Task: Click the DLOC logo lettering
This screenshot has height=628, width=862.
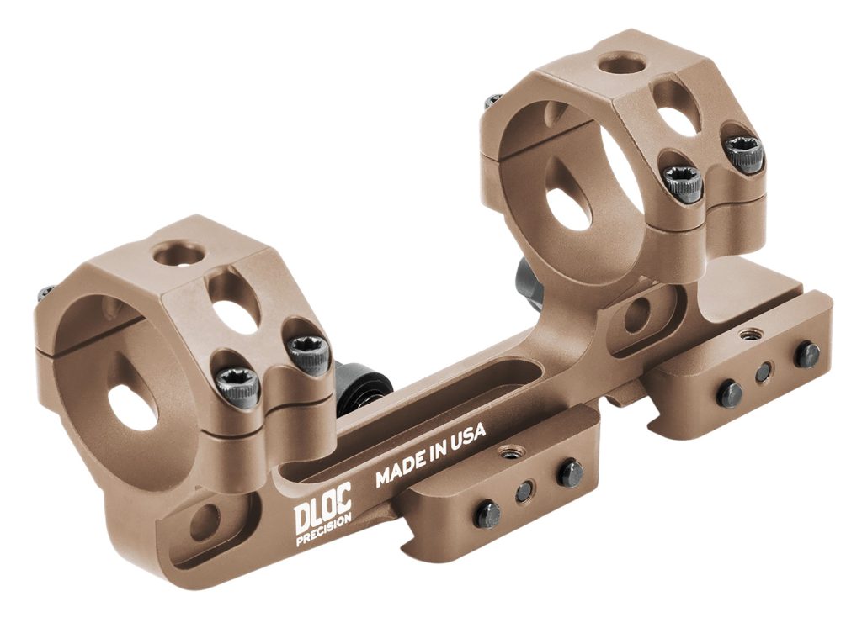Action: [322, 515]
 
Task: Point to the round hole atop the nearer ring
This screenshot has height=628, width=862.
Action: [180, 253]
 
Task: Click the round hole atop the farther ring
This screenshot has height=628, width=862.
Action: [622, 63]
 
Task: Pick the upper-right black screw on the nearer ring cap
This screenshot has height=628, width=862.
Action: [308, 355]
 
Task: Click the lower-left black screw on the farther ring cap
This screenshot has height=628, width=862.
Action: [683, 182]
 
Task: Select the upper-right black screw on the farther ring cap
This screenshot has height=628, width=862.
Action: [745, 154]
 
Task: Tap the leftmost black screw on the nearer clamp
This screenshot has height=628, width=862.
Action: [487, 514]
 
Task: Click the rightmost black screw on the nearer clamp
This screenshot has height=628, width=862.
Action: [570, 473]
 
